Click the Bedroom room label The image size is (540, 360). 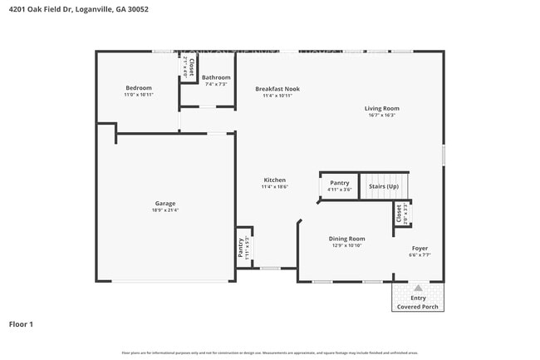click(139, 88)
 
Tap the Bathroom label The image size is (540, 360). click(216, 77)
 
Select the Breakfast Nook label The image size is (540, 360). click(277, 89)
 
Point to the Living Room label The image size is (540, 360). click(381, 108)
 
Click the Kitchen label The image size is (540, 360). click(274, 180)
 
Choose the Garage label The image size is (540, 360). click(164, 203)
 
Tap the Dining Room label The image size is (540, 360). click(347, 239)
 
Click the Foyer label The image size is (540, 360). click(420, 249)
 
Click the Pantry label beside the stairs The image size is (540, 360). click(340, 183)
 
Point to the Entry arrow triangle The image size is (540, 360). click(418, 288)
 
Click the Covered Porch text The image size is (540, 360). click(418, 307)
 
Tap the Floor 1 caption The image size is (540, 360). click(21, 323)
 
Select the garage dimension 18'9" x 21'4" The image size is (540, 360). click(164, 210)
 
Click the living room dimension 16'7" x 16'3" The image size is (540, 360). click(381, 115)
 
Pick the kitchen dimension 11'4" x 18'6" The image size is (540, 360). click(274, 187)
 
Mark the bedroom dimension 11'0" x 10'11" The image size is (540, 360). click(139, 95)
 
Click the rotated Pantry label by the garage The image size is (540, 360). click(241, 248)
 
